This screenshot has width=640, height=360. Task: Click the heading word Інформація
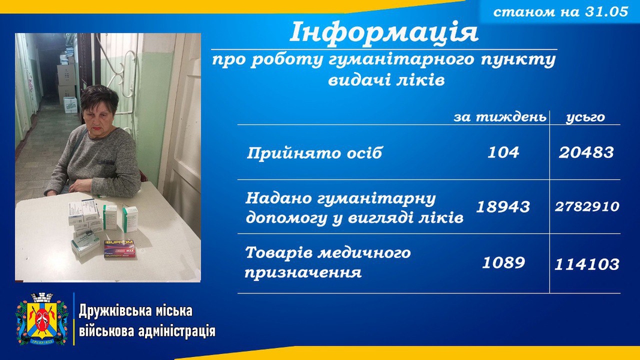(x=384, y=32)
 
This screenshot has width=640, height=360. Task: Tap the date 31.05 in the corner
(x=606, y=11)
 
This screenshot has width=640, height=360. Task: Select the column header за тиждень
(x=500, y=117)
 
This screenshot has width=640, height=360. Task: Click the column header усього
(x=585, y=117)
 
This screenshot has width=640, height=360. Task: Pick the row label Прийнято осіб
(x=314, y=153)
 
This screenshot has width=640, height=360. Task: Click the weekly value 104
(x=503, y=152)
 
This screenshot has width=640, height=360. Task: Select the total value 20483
(x=586, y=152)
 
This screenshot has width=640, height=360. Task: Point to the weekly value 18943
(x=503, y=207)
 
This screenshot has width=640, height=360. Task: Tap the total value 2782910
(x=587, y=206)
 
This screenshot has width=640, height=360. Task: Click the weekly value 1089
(x=503, y=262)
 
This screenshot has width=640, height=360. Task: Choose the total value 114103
(x=587, y=265)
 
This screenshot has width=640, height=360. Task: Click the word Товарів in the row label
(x=279, y=253)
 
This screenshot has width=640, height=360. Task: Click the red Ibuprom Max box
(x=119, y=248)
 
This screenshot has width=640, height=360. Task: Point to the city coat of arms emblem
(x=42, y=319)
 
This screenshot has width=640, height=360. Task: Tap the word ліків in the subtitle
(x=422, y=80)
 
